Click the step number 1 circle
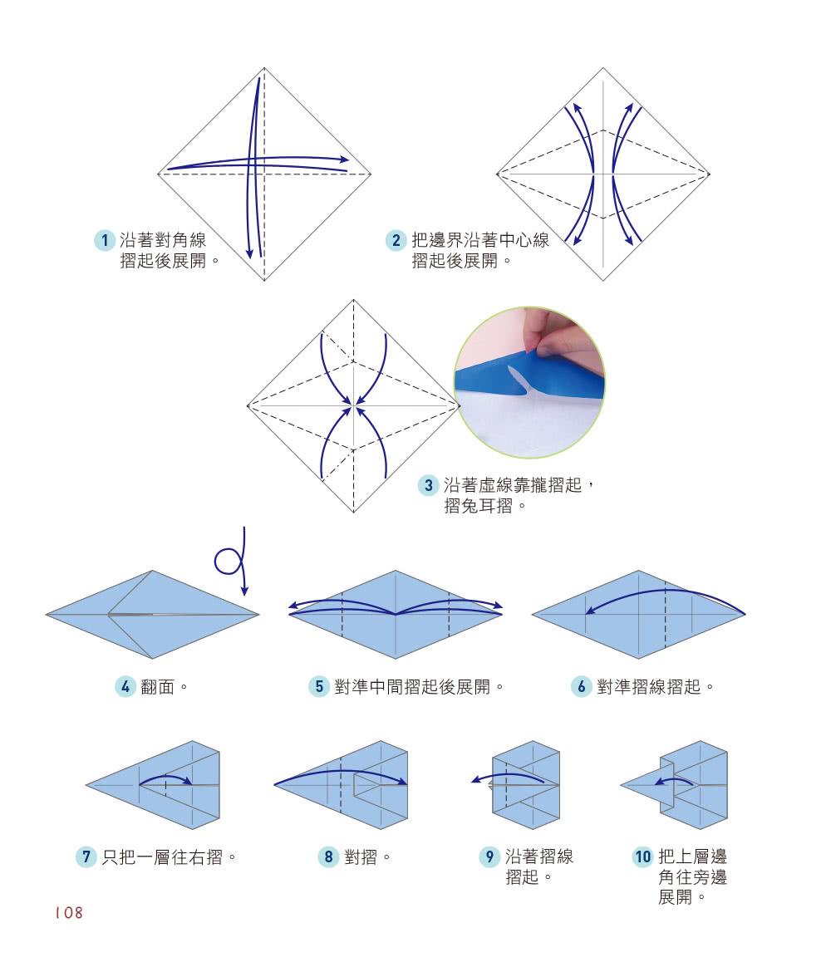pos(104,242)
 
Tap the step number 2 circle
pos(396,242)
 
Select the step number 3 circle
pos(428,485)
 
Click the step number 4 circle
pos(125,687)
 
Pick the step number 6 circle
pos(582,687)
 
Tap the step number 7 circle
pos(86,857)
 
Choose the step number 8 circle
pos(328,857)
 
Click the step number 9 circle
pos(489,857)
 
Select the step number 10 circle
pos(643,857)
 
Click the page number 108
pos(69,912)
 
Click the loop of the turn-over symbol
pos(228,562)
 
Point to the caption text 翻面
pos(160,688)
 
